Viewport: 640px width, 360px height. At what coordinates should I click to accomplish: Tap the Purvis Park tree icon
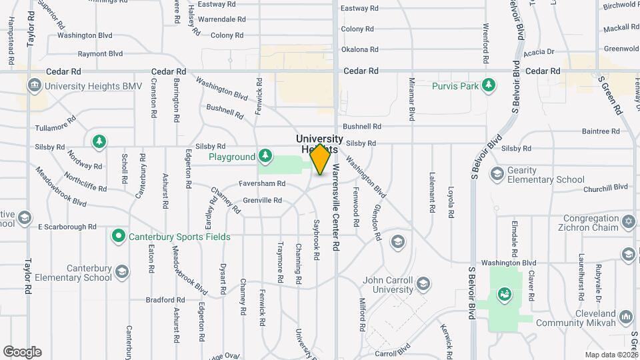click(489, 85)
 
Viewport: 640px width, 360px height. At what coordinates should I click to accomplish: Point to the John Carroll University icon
click(423, 285)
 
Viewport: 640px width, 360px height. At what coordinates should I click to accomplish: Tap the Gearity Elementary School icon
click(497, 174)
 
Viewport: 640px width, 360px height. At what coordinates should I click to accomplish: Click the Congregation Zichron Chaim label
click(590, 224)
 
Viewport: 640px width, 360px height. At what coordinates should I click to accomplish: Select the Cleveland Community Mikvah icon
click(625, 316)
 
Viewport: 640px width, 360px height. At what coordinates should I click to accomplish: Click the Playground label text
click(232, 157)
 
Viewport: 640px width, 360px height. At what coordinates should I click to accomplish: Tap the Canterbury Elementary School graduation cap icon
click(122, 271)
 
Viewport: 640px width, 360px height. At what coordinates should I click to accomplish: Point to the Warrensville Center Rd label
click(336, 207)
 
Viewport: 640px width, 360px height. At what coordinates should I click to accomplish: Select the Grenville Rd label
click(263, 200)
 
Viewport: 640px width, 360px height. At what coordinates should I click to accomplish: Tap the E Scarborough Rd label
click(67, 227)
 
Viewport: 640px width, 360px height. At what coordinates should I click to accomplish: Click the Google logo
click(22, 352)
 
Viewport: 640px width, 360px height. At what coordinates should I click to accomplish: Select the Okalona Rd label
click(359, 49)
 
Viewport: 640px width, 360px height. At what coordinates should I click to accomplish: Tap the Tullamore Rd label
click(55, 127)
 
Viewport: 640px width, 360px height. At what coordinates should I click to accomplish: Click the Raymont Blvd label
click(100, 54)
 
